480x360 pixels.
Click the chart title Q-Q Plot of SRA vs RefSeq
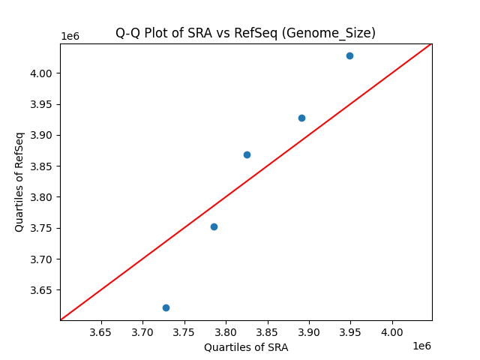tap(245, 33)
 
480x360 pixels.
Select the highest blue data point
tap(349, 55)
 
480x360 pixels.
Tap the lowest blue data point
tap(166, 307)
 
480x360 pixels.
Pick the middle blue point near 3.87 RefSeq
tap(247, 154)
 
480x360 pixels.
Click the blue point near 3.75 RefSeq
tap(214, 226)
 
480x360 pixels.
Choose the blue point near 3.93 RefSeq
tap(301, 118)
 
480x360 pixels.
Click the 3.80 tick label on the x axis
tap(226, 332)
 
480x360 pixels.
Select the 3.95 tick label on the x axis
tap(350, 332)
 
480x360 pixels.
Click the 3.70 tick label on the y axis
tap(42, 259)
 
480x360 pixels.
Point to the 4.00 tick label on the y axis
tap(42, 73)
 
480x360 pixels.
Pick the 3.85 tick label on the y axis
tap(42, 166)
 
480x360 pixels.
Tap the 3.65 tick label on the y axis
tap(42, 290)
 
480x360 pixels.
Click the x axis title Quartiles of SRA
tap(246, 347)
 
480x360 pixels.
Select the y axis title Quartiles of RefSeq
tap(19, 181)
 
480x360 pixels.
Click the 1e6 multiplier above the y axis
tap(70, 36)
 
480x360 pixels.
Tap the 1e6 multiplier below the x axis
tap(421, 346)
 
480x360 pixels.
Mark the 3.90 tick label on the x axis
tap(309, 332)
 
